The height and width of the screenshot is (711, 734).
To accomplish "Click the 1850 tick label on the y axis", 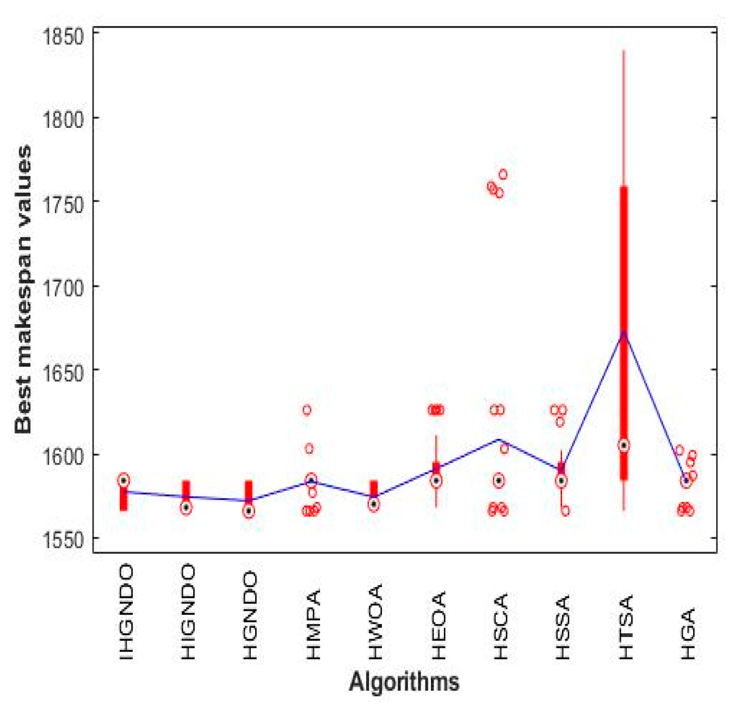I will click(x=63, y=37).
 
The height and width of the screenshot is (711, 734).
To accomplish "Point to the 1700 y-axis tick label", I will click(x=63, y=287).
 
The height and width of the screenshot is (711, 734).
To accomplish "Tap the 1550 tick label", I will click(x=63, y=539).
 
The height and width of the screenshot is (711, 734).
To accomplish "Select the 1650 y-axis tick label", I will click(x=63, y=373).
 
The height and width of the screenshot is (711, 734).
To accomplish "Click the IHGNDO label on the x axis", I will click(x=125, y=613).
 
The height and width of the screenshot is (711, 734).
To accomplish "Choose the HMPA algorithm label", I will click(x=312, y=625).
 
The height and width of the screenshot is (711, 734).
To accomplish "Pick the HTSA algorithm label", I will click(x=625, y=627).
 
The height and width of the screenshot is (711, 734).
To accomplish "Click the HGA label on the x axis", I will click(x=687, y=634).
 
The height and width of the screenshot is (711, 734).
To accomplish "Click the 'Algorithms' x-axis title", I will click(x=404, y=682).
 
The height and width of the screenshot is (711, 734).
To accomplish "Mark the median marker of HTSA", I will click(x=624, y=446).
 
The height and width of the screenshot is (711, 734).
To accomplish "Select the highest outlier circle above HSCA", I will click(x=503, y=174).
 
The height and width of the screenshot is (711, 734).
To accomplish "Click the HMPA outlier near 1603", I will click(x=309, y=449).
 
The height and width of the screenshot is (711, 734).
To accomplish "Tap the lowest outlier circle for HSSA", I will click(x=565, y=511).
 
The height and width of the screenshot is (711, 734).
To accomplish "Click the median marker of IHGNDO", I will click(x=124, y=480).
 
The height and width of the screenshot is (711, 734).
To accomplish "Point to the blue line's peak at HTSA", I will click(x=624, y=332).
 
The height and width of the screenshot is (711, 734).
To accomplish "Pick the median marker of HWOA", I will click(x=374, y=504).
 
